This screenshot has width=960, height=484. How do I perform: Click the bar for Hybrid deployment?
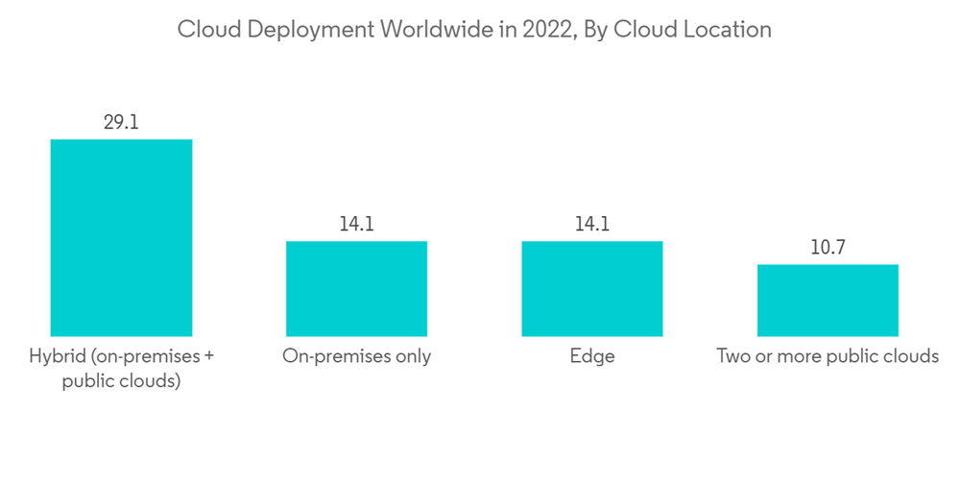point(121,237)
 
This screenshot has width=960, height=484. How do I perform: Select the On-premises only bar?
point(356,288)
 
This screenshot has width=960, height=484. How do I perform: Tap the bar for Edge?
point(591,288)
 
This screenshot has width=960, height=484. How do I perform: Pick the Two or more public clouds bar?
point(828,300)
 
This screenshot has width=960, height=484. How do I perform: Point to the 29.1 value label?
point(121,122)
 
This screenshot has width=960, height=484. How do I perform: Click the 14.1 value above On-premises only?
point(356,225)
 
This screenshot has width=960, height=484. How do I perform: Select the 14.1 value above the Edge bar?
point(591,225)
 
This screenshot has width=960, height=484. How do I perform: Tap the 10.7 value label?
point(828,248)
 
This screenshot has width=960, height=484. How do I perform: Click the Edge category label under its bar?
point(591,356)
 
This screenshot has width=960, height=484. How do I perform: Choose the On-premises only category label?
point(356,356)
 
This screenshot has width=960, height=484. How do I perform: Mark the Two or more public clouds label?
point(828,356)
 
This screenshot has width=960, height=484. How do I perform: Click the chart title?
point(474,30)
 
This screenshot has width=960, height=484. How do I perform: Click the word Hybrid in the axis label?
point(58,356)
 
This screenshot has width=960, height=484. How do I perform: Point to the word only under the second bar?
point(411,356)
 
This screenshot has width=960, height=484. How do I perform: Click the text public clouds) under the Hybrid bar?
point(121,380)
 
